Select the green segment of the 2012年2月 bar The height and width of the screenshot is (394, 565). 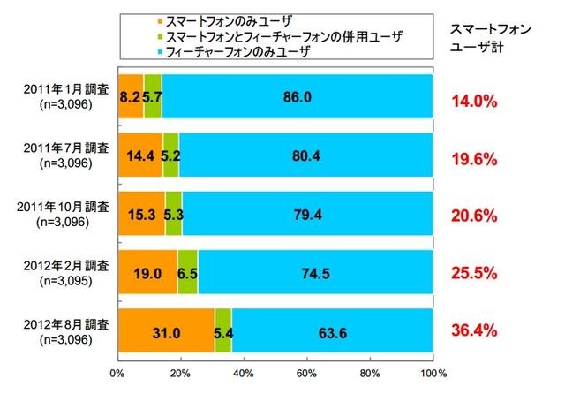point(188,273)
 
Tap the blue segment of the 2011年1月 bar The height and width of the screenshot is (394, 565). point(298,95)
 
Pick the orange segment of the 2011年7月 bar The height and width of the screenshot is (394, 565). point(140,155)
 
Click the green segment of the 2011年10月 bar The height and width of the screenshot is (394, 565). point(174,214)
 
